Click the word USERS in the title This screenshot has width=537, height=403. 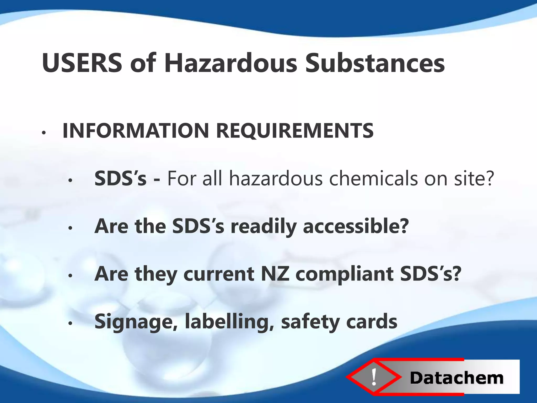[x=82, y=63]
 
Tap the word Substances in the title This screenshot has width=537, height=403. [x=375, y=63]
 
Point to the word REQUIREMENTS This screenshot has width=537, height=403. [x=295, y=131]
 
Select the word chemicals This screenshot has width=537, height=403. [x=373, y=178]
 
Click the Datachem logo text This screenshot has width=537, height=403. [x=457, y=378]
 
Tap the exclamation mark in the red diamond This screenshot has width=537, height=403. [x=374, y=377]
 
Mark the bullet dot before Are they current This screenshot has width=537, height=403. [x=70, y=276]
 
